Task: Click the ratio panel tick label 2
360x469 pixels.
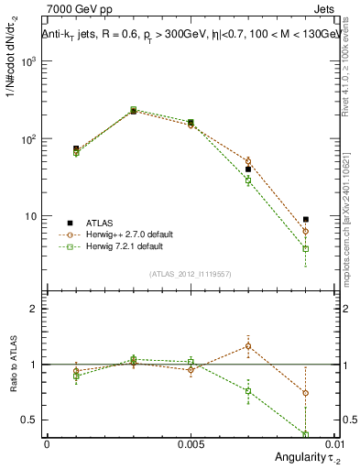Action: (x=35, y=309)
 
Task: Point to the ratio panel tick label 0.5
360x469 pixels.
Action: (x=31, y=420)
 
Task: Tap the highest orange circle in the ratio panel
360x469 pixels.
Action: (x=248, y=346)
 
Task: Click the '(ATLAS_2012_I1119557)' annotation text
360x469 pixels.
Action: (x=191, y=274)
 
